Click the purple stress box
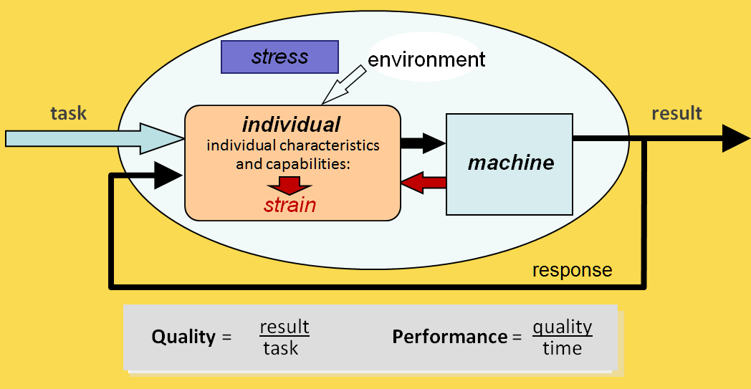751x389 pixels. click(279, 57)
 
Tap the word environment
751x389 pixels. click(426, 59)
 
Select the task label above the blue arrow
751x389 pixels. click(68, 112)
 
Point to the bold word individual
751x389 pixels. click(291, 124)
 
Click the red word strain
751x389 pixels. click(290, 206)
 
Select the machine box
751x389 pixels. click(510, 163)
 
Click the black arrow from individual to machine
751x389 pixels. click(423, 143)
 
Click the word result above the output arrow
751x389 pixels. click(676, 113)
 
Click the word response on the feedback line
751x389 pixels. click(572, 270)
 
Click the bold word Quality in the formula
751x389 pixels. click(183, 337)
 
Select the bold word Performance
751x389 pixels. click(449, 337)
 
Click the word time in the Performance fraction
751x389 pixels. click(562, 349)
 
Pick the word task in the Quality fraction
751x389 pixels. click(281, 349)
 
